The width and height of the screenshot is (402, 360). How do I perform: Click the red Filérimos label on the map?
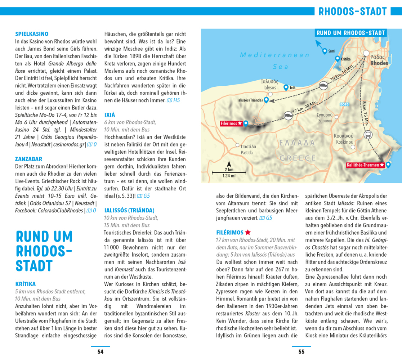tap(231, 123)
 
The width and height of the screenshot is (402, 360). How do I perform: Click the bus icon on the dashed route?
tap(368, 135)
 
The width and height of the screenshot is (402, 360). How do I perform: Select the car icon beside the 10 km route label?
tap(323, 85)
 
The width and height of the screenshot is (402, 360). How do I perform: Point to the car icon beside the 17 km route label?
tap(288, 115)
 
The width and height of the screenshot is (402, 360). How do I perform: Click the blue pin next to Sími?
tap(325, 51)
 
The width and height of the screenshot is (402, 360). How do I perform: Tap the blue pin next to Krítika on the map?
tap(338, 59)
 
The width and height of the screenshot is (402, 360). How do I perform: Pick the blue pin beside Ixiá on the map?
tap(286, 87)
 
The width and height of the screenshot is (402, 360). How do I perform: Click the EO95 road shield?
tap(344, 104)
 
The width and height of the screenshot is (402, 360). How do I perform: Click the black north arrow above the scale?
tap(229, 164)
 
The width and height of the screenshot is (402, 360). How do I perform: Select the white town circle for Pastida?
tap(237, 146)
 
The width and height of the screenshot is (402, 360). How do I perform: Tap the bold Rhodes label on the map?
tap(380, 63)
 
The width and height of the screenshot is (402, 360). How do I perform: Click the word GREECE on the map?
tap(298, 158)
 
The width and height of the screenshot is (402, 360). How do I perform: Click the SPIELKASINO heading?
tap(32, 34)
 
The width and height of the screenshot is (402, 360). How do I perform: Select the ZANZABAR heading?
tap(28, 159)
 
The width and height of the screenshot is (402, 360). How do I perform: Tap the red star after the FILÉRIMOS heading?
tap(248, 233)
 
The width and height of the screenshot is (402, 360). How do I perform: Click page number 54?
tap(100, 352)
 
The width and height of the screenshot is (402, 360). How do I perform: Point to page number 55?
tap(301, 352)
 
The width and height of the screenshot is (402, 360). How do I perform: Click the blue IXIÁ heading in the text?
tap(110, 115)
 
